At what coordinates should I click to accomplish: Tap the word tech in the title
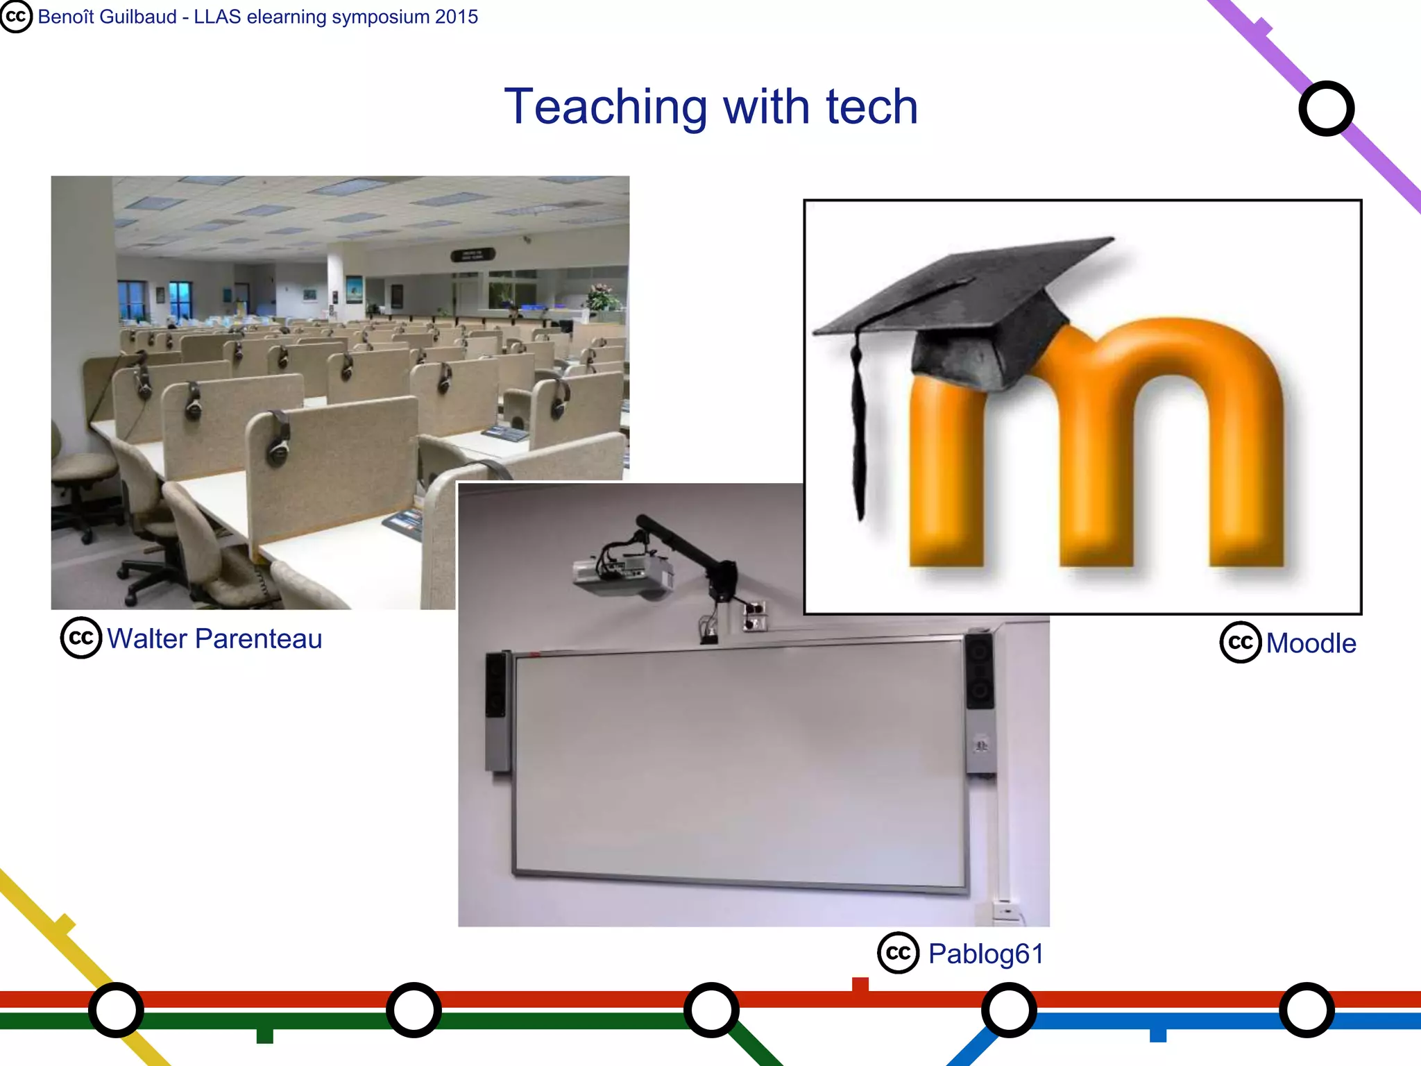point(871,108)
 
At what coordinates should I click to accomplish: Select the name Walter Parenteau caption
point(214,638)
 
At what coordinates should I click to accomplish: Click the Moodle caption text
point(1311,643)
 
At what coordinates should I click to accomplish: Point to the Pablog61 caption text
point(986,954)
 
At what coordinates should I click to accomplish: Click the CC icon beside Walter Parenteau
point(81,638)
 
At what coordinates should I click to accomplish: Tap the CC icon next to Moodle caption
point(1241,643)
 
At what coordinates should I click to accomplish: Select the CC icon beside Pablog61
point(899,953)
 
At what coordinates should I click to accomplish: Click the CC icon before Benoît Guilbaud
point(16,17)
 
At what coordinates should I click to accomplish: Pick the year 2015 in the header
point(456,17)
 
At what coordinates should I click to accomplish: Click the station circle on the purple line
point(1326,109)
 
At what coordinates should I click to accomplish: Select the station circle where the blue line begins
point(1009,1010)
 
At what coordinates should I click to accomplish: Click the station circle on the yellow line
point(117,1010)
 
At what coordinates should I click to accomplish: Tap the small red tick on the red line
point(860,984)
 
